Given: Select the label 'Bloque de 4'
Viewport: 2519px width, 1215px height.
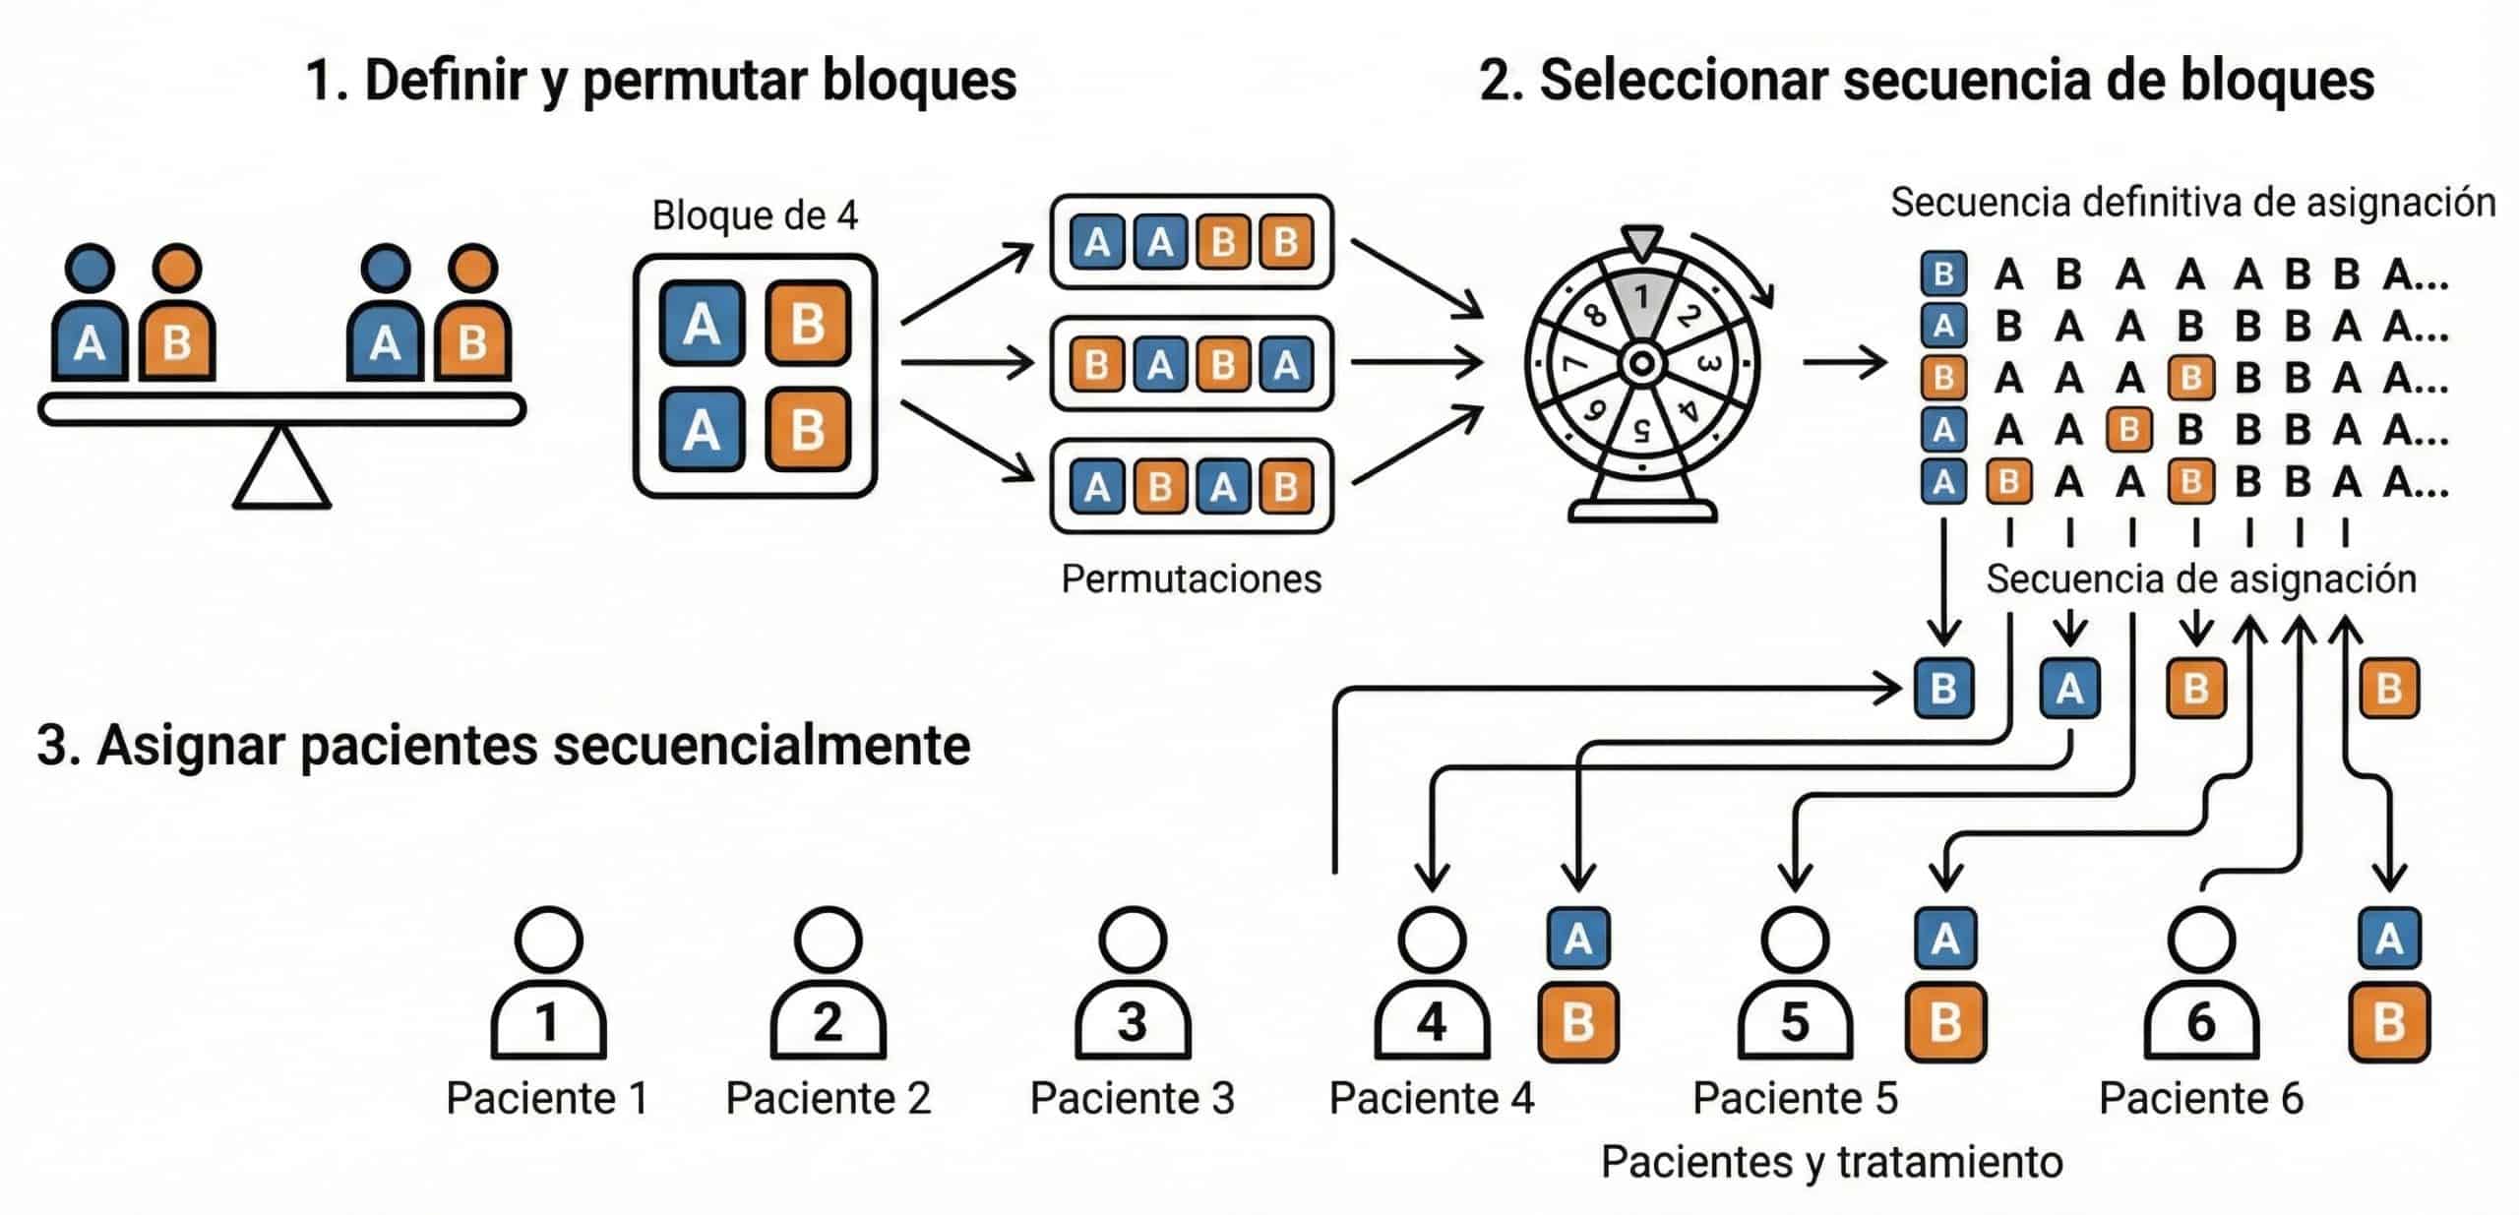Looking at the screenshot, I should (x=755, y=215).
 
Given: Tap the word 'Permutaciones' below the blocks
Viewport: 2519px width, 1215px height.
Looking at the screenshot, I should (x=1191, y=578).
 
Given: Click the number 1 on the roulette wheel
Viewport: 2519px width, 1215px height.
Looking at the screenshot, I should (x=1641, y=296).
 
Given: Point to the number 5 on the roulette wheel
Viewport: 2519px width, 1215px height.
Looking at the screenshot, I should (x=1640, y=430).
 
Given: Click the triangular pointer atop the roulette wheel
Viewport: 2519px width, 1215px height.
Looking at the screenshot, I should (x=1641, y=242).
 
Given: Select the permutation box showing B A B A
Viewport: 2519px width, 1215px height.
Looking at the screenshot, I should (x=1192, y=364).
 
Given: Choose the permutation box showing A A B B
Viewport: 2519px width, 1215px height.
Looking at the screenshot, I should (x=1192, y=242).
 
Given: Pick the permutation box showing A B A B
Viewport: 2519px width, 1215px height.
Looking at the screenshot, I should (x=1192, y=486).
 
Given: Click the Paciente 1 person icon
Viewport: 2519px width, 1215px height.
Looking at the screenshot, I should (x=548, y=984).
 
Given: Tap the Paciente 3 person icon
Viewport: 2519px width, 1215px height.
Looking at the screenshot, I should (x=1132, y=984).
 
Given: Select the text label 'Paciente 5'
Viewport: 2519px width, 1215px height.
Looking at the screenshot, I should (x=1795, y=1098).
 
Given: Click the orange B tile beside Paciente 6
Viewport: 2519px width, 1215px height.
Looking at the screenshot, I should (x=2389, y=1023).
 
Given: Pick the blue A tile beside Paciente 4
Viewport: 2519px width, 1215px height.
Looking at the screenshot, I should (x=1577, y=939).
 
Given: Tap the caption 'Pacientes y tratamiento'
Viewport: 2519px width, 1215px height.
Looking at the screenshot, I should (x=1831, y=1162).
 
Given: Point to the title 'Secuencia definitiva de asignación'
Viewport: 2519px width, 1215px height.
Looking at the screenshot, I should (x=2192, y=203).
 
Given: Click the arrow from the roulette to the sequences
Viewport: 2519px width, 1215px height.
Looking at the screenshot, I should (x=1844, y=363).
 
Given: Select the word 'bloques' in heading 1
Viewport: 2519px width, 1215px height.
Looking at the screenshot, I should (x=919, y=81).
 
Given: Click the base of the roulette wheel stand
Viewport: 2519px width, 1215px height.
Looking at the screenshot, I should (x=1641, y=511).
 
